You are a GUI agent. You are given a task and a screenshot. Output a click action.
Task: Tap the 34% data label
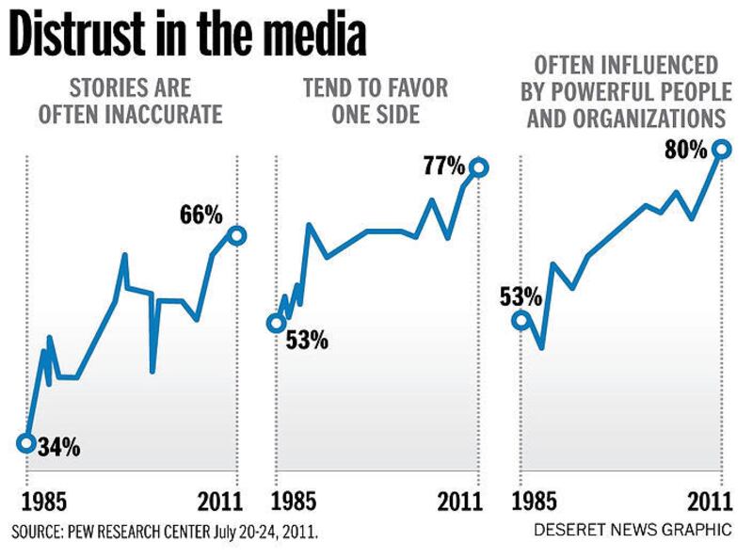click(59, 447)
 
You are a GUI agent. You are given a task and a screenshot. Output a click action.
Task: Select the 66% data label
click(200, 215)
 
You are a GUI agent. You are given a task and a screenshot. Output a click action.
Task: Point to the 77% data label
click(444, 167)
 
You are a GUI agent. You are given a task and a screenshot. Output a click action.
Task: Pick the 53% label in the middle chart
click(306, 340)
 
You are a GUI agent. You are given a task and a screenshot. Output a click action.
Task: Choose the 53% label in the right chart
click(521, 298)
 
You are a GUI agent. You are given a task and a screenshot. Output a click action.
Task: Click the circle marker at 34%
click(26, 442)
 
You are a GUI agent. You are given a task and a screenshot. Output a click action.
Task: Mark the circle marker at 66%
click(235, 235)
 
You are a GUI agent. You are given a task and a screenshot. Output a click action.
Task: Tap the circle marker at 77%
click(478, 167)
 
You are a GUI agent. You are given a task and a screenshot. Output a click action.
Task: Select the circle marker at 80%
click(721, 148)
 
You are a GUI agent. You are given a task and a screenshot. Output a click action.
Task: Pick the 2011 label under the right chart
click(712, 499)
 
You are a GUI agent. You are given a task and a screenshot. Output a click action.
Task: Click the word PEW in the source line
click(96, 533)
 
